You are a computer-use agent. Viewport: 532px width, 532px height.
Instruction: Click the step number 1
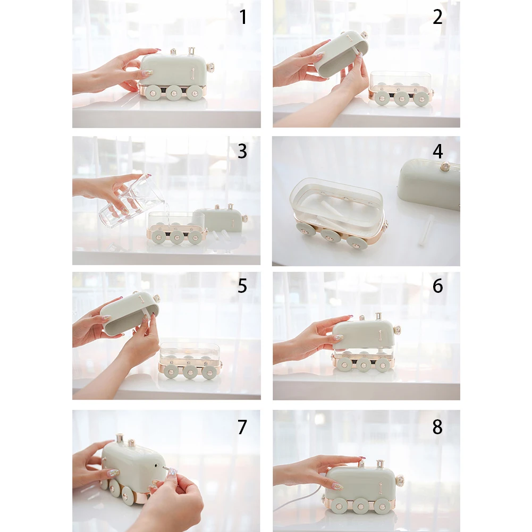click(x=243, y=17)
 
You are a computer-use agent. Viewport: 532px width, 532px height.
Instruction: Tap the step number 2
click(x=438, y=17)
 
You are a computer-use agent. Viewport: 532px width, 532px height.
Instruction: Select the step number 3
click(x=242, y=151)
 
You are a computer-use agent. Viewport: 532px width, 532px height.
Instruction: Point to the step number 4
click(x=438, y=151)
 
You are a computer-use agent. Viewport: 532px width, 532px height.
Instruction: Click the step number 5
click(x=242, y=286)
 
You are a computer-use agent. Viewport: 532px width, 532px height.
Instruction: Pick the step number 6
click(x=438, y=286)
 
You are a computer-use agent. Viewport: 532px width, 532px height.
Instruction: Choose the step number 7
click(x=242, y=427)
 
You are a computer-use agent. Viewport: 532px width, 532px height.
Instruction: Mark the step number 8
click(x=438, y=427)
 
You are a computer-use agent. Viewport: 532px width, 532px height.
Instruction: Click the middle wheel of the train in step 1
click(x=174, y=92)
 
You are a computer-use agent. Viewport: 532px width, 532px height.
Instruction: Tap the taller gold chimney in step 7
click(x=120, y=438)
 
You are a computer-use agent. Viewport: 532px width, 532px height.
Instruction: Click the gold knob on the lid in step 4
click(x=445, y=166)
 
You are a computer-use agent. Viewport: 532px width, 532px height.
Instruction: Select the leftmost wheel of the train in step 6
click(x=345, y=364)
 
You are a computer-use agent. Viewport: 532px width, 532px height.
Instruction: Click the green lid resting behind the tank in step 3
click(x=221, y=219)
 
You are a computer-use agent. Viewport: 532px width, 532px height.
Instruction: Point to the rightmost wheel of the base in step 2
click(x=421, y=98)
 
